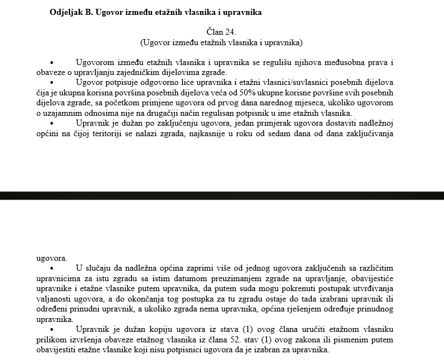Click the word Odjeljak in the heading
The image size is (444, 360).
tap(64, 12)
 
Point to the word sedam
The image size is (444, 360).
tap(292, 133)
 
